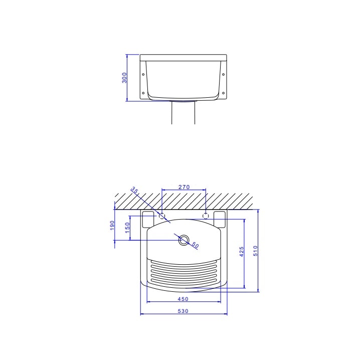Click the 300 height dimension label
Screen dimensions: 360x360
point(125,77)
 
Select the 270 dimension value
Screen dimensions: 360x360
point(184,187)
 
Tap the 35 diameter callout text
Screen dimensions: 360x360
point(135,191)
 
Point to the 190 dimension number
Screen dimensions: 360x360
point(112,226)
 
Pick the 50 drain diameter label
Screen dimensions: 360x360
point(195,246)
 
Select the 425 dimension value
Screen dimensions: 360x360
point(242,252)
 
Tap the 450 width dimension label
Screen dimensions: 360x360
point(183,299)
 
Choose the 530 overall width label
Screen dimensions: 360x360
point(183,311)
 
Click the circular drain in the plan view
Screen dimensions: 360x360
point(184,240)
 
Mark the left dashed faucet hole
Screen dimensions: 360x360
point(162,216)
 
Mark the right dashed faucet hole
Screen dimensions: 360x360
point(206,216)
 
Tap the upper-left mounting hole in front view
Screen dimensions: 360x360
point(144,74)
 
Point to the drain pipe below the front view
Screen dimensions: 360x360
point(183,112)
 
